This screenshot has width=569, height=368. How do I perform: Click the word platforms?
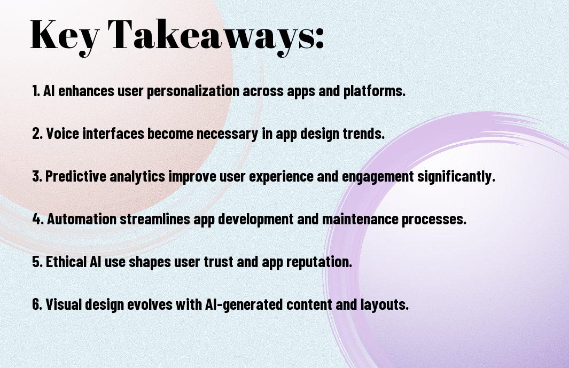click(x=375, y=91)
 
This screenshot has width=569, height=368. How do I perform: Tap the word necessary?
click(x=227, y=134)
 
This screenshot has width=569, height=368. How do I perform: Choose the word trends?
click(x=364, y=134)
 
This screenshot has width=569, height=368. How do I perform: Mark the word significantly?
click(x=456, y=177)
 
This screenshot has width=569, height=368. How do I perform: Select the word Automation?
click(x=82, y=219)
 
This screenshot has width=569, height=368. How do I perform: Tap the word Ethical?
click(x=66, y=262)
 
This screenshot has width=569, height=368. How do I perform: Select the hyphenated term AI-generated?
click(x=244, y=304)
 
